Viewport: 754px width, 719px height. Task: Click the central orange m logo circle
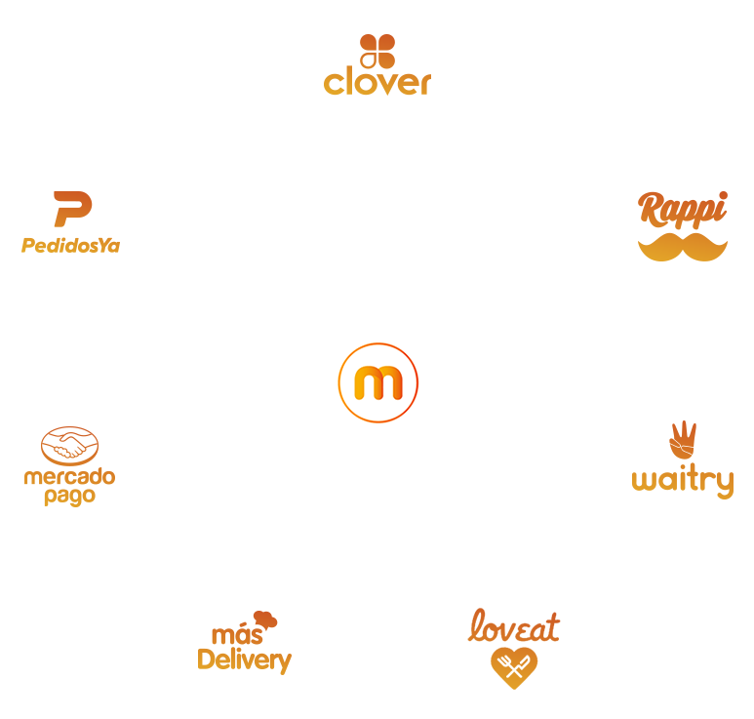[377, 380]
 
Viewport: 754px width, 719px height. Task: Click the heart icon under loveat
[514, 667]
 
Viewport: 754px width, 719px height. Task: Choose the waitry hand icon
[683, 441]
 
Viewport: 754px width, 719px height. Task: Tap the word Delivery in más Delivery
[244, 659]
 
